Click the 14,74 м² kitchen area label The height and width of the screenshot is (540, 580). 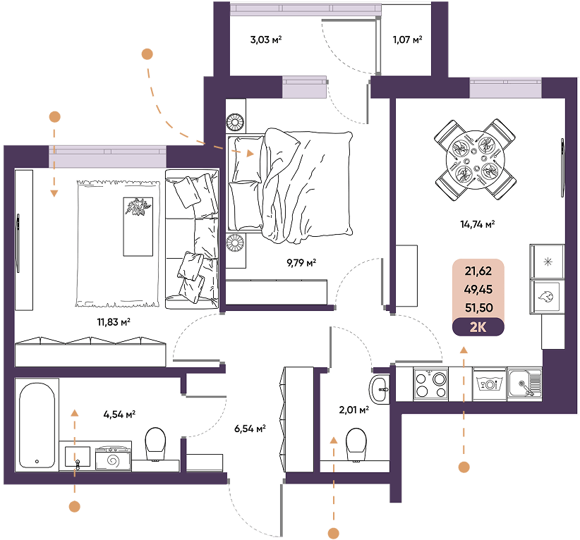coord(478,224)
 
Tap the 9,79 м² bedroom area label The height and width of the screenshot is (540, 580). coord(301,263)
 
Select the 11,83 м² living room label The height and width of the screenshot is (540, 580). coord(114,322)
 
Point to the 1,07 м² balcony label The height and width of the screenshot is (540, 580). coord(407,39)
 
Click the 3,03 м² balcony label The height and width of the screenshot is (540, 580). coord(266,39)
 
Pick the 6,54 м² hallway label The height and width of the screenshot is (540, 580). coord(250,429)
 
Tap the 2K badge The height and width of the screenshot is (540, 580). coord(478,327)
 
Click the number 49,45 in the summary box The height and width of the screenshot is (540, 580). coord(478,290)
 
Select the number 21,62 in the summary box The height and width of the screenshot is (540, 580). coord(478,271)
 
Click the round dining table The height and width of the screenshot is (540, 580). coord(476,159)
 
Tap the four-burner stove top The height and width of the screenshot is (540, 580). coord(431,384)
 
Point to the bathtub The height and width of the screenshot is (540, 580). coord(37,425)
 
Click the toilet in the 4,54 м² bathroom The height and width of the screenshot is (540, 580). coord(155,443)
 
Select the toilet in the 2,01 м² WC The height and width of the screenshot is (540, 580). coord(356,445)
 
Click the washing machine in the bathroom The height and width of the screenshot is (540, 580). coord(113,458)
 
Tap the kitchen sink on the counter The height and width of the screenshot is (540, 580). coord(524,383)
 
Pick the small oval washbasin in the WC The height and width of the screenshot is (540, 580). coord(379,389)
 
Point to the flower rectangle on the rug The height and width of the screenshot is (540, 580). coord(138,226)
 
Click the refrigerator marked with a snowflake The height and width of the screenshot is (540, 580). coord(548,262)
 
